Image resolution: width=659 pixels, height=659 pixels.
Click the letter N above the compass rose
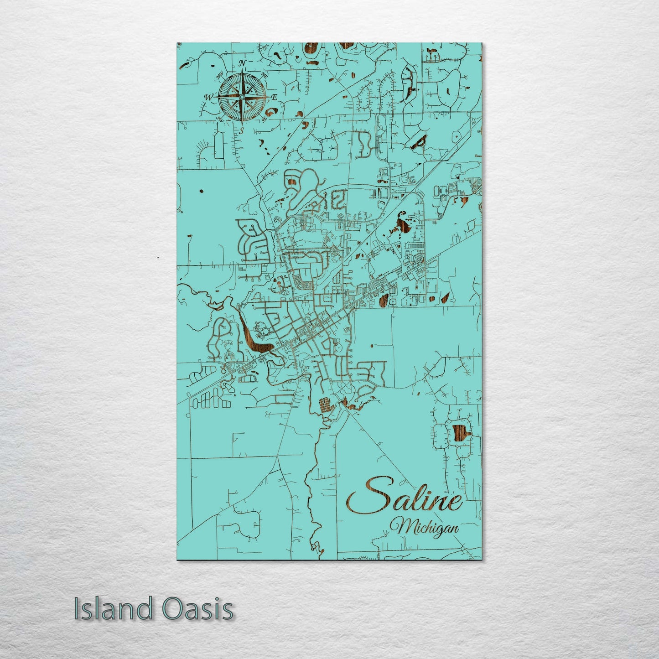coord(243,62)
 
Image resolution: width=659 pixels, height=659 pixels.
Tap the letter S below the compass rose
coord(242,130)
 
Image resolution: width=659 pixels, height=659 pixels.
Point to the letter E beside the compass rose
coord(275,97)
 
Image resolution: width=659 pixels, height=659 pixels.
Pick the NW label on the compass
coord(219,74)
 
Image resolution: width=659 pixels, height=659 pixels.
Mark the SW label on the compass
coord(219,119)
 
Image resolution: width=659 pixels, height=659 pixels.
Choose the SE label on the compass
coord(264,119)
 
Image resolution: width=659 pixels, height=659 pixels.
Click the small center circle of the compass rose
coord(242,96)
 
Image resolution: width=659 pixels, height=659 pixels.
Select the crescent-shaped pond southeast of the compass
coord(272,112)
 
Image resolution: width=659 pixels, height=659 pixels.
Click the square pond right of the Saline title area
coord(460,433)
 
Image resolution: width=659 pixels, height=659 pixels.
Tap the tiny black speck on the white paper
coord(158,258)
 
